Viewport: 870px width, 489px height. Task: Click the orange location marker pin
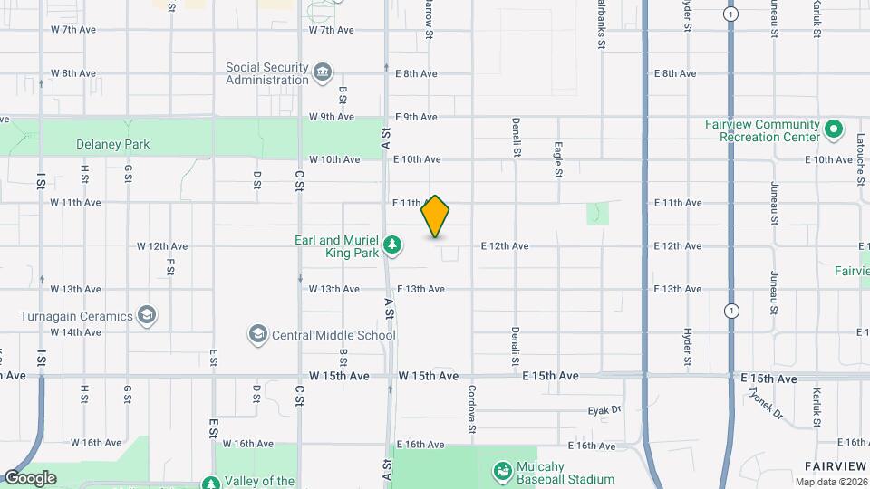[x=436, y=216]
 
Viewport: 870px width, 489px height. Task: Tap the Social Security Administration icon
[x=323, y=72]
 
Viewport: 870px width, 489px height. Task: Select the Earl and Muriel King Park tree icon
[x=392, y=244]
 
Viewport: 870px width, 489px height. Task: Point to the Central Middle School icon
[x=258, y=335]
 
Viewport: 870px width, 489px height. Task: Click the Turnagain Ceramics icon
[x=147, y=316]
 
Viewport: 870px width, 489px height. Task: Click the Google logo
[x=29, y=478]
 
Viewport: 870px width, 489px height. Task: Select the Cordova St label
[x=472, y=407]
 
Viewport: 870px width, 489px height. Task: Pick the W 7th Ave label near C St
[x=331, y=30]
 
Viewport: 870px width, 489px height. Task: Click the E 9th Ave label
[x=417, y=117]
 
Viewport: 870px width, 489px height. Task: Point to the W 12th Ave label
[x=162, y=246]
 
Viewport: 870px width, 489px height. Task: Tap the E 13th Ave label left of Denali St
[x=420, y=290]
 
